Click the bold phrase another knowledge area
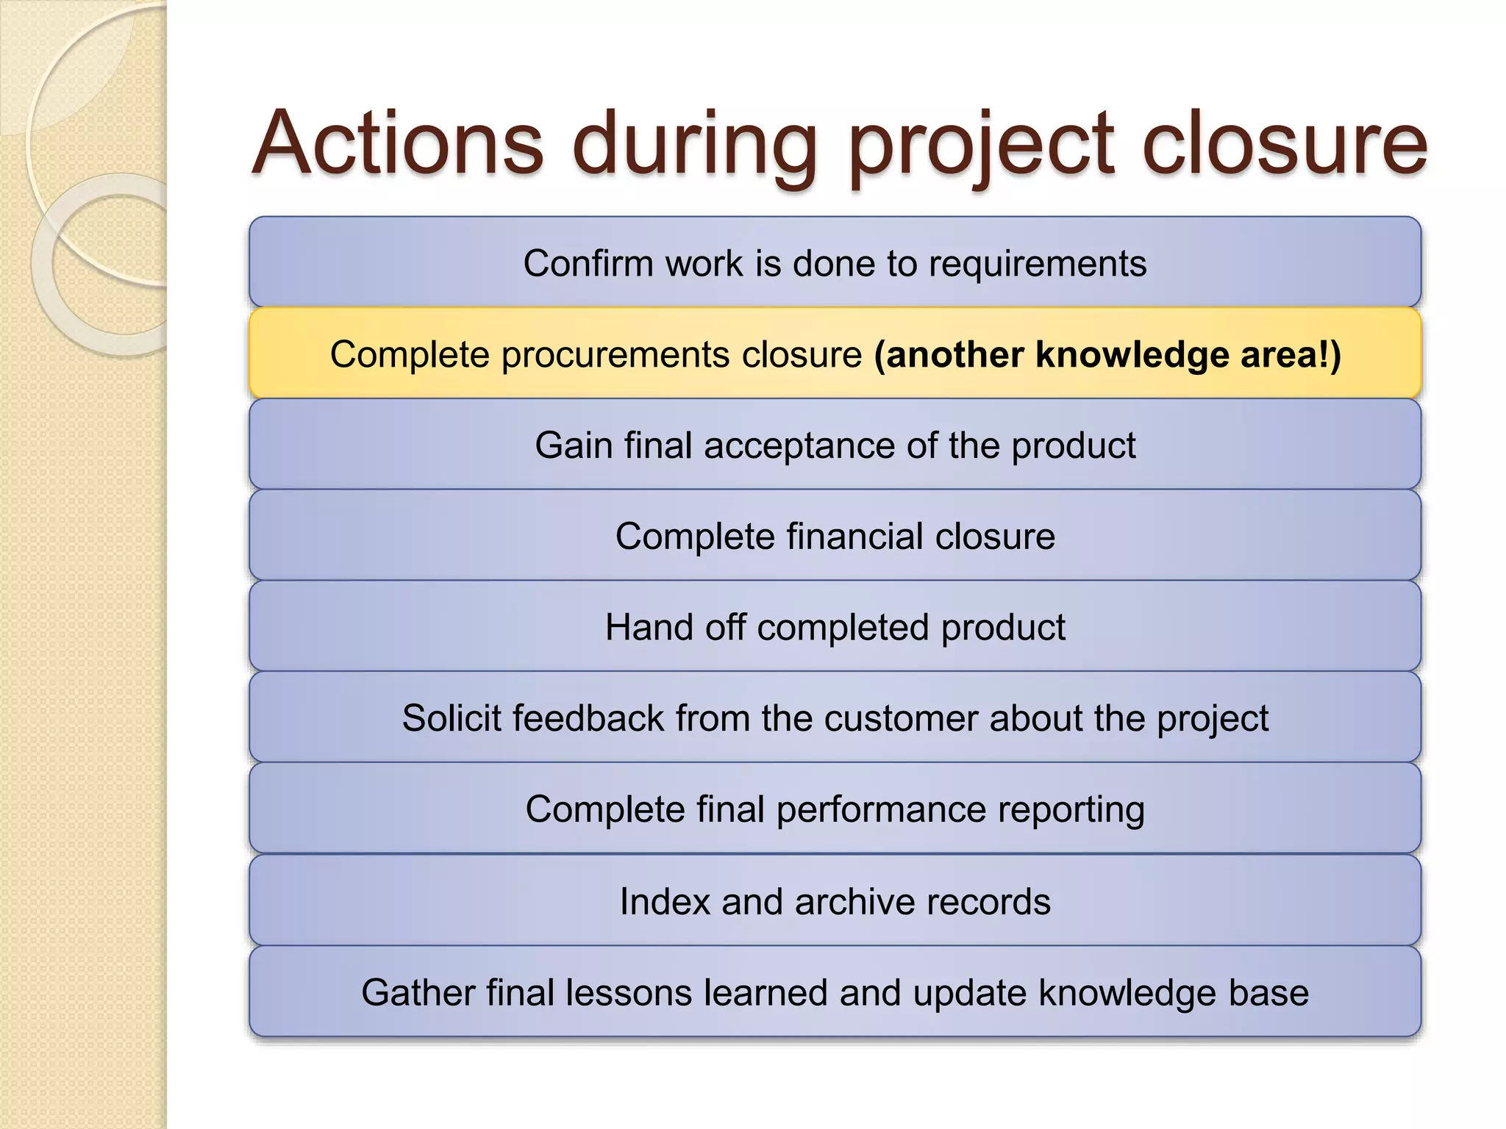tap(1107, 355)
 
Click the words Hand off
tap(674, 628)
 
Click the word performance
tap(880, 810)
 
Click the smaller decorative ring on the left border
tap(110, 265)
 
